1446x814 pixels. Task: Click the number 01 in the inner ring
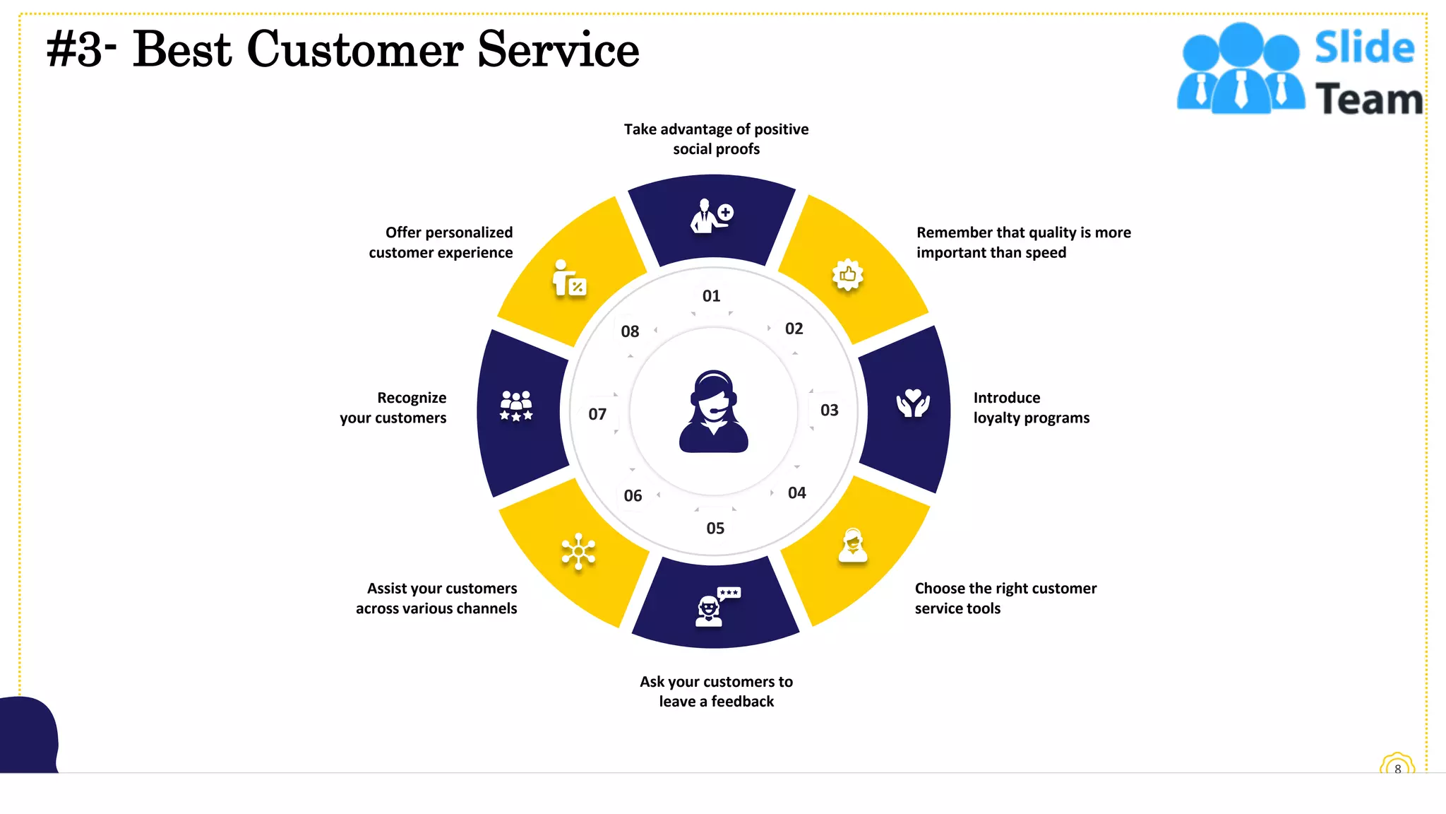[711, 296]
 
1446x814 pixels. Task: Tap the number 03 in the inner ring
[829, 411]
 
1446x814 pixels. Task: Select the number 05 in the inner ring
[715, 529]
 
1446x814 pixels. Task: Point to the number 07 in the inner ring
[597, 414]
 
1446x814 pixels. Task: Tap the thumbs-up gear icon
[848, 275]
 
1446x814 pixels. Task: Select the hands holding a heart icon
[913, 403]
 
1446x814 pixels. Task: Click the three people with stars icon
[516, 406]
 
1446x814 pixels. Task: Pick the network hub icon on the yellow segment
[578, 551]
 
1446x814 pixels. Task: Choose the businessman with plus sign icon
[712, 216]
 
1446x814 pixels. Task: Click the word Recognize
[412, 398]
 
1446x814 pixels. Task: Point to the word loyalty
[996, 418]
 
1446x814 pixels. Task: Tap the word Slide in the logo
[1364, 47]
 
